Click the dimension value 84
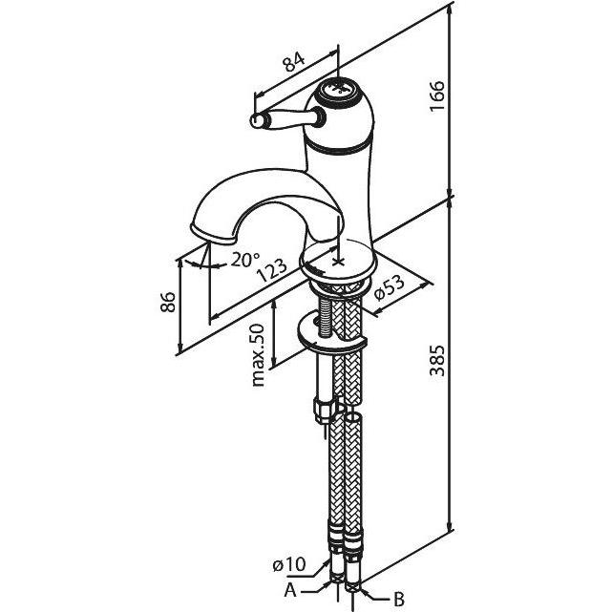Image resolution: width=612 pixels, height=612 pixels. tap(294, 62)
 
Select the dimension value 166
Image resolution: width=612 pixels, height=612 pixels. tap(437, 96)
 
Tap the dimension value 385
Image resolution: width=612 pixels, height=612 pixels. tap(437, 360)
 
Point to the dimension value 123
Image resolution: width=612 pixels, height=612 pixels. tap(272, 270)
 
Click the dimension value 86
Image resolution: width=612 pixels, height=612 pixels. tap(168, 302)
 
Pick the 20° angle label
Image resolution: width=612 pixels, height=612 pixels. tap(245, 260)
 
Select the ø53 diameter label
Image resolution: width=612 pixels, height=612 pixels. tap(389, 288)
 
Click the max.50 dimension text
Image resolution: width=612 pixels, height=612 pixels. tap(258, 355)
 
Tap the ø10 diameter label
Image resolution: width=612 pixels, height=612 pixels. tap(289, 565)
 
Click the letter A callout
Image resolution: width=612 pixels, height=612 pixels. tap(290, 591)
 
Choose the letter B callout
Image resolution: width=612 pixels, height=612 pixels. tap(398, 599)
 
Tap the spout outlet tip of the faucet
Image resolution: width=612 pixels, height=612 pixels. tap(214, 236)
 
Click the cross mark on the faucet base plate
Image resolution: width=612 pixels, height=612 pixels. tap(338, 261)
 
